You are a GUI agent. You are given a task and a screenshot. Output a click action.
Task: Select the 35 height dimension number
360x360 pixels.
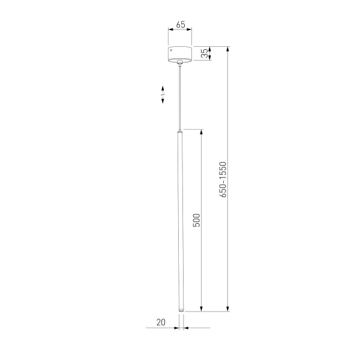(204, 54)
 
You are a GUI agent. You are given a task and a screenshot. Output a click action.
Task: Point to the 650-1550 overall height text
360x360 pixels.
(223, 179)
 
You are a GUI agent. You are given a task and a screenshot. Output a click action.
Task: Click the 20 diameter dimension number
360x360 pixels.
(160, 322)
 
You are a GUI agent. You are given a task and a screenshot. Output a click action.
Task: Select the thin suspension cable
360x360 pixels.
(179, 96)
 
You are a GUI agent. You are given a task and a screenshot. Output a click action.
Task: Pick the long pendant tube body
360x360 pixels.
(179, 222)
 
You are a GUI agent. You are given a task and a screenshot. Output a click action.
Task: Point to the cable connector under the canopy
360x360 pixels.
(179, 63)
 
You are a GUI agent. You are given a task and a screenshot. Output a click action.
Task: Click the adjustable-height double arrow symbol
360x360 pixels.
(163, 95)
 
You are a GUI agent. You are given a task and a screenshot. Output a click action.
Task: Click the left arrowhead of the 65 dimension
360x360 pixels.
(169, 34)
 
